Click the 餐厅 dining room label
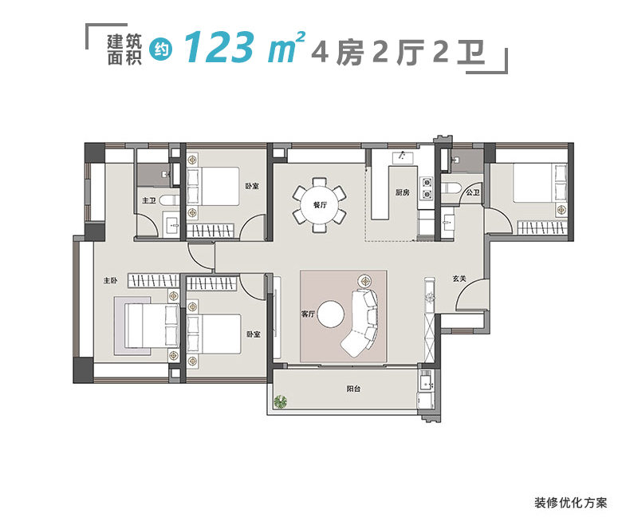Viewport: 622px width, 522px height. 320,205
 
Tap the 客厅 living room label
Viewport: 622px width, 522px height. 309,314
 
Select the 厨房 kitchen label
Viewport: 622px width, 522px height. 402,192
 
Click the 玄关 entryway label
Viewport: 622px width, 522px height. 459,279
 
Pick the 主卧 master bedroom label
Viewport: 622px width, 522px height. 110,280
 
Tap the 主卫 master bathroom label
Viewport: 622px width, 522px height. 148,201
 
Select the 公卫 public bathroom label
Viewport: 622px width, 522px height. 472,192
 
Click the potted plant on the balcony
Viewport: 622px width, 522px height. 281,401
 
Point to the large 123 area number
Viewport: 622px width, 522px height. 218,49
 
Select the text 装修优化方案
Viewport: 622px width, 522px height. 570,503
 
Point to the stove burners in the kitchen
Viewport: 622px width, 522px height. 427,186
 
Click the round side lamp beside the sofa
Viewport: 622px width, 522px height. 365,281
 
